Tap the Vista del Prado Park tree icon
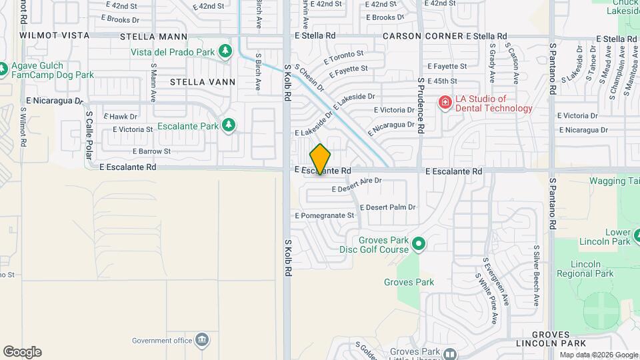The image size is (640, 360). tap(225, 51)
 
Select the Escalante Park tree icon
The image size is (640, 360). tap(229, 125)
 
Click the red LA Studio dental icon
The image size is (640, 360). tap(444, 102)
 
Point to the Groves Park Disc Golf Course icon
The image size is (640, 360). tap(419, 245)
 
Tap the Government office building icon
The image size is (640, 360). tap(202, 340)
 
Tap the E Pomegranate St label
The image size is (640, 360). tap(324, 215)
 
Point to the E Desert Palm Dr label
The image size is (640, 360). tap(387, 207)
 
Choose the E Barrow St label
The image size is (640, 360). tap(151, 151)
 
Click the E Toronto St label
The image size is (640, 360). tap(343, 58)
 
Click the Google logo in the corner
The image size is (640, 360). tap(22, 352)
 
